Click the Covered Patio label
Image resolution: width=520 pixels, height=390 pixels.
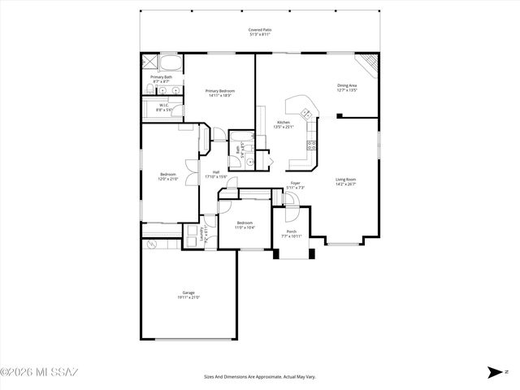pyautogui.click(x=260, y=29)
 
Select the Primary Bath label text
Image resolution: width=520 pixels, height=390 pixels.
pyautogui.click(x=161, y=77)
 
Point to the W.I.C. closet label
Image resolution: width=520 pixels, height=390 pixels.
pyautogui.click(x=163, y=105)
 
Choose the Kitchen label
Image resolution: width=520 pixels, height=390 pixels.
pyautogui.click(x=283, y=123)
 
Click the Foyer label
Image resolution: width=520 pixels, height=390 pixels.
pyautogui.click(x=296, y=183)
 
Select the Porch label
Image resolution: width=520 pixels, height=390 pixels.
pyautogui.click(x=291, y=232)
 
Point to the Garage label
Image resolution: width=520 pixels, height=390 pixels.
pyautogui.click(x=188, y=292)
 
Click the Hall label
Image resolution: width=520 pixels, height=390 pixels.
pyautogui.click(x=216, y=171)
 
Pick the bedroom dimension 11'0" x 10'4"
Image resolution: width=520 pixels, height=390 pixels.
pyautogui.click(x=245, y=227)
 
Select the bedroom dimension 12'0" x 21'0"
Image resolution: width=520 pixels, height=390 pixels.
pyautogui.click(x=168, y=179)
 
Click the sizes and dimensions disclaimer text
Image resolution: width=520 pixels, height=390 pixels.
pyautogui.click(x=260, y=376)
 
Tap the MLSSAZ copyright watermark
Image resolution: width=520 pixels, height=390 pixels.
pyautogui.click(x=39, y=373)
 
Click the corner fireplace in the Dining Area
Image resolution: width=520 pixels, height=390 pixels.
pyautogui.click(x=370, y=62)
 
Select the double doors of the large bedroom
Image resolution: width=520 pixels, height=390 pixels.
pyautogui.click(x=191, y=172)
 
